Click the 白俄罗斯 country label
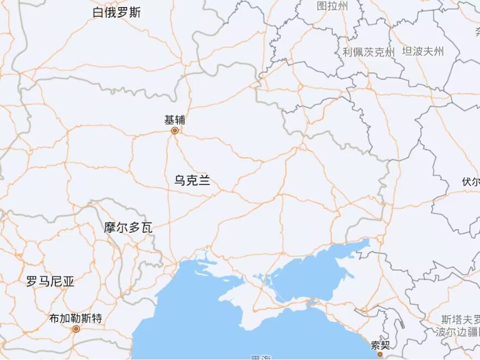pyautogui.click(x=116, y=13)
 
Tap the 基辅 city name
pyautogui.click(x=175, y=120)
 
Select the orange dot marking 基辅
pyautogui.click(x=175, y=131)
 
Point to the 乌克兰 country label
pyautogui.click(x=192, y=181)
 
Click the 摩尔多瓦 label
pyautogui.click(x=128, y=228)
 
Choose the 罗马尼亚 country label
pyautogui.click(x=50, y=281)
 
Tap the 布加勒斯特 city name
pyautogui.click(x=76, y=318)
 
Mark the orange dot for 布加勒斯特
pyautogui.click(x=76, y=328)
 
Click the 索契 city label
pyautogui.click(x=380, y=345)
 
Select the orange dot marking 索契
pyautogui.click(x=380, y=354)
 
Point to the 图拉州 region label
pyautogui.click(x=332, y=6)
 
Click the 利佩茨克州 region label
pyautogui.click(x=368, y=52)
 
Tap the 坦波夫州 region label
pyautogui.click(x=423, y=52)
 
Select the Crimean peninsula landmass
pyautogui.click(x=256, y=305)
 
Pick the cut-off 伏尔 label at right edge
pyautogui.click(x=471, y=182)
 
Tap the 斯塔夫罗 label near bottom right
pyautogui.click(x=461, y=319)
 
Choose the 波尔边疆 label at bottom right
pyautogui.click(x=457, y=332)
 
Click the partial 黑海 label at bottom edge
pyautogui.click(x=261, y=357)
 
